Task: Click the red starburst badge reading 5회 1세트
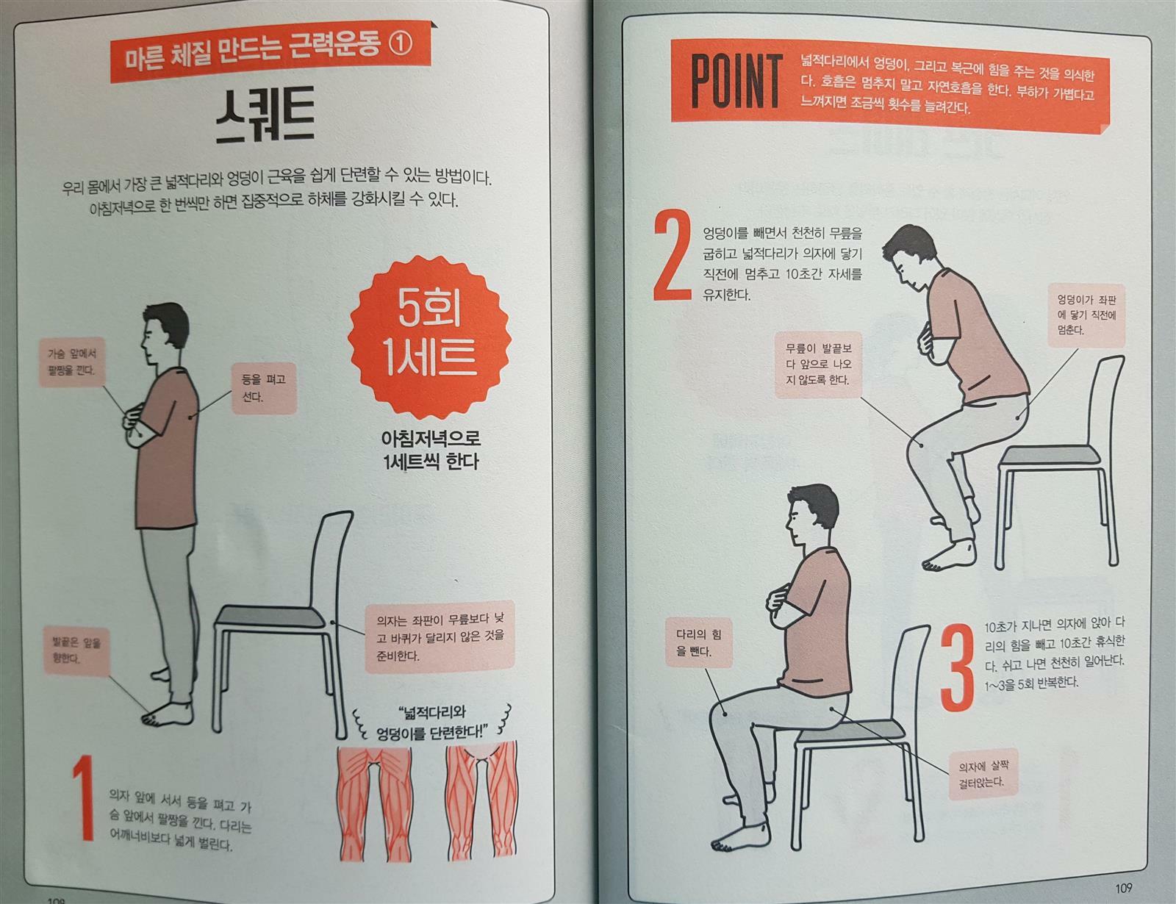click(x=430, y=339)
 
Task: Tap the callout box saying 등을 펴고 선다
click(x=265, y=388)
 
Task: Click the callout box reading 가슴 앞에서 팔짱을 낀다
click(x=71, y=362)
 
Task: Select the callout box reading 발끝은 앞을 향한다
click(x=76, y=651)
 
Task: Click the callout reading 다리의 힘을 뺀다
click(x=699, y=642)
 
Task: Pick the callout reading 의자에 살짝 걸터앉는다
click(x=983, y=774)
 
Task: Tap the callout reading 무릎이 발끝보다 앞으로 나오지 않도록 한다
click(x=818, y=365)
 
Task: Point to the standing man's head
click(x=165, y=333)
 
